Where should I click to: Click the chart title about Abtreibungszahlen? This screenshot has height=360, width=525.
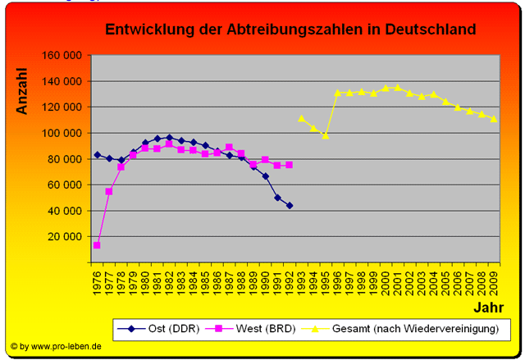(290, 30)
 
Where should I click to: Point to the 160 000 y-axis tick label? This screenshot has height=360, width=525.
(63, 55)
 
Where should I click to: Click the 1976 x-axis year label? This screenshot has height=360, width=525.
(98, 280)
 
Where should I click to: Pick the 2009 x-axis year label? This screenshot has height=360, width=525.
(493, 280)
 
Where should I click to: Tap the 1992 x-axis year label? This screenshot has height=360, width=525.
(289, 280)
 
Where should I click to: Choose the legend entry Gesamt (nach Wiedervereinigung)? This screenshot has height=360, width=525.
(415, 329)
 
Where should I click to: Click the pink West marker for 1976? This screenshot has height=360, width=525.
(98, 245)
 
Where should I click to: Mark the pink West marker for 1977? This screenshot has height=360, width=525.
(109, 191)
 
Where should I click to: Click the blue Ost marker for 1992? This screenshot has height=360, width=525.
(289, 205)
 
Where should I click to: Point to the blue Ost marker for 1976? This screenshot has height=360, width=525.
(98, 154)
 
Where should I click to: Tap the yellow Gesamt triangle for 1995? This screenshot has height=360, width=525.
(325, 135)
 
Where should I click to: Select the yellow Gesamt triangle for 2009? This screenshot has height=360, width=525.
(493, 119)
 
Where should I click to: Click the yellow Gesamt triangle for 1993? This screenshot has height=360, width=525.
(301, 118)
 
